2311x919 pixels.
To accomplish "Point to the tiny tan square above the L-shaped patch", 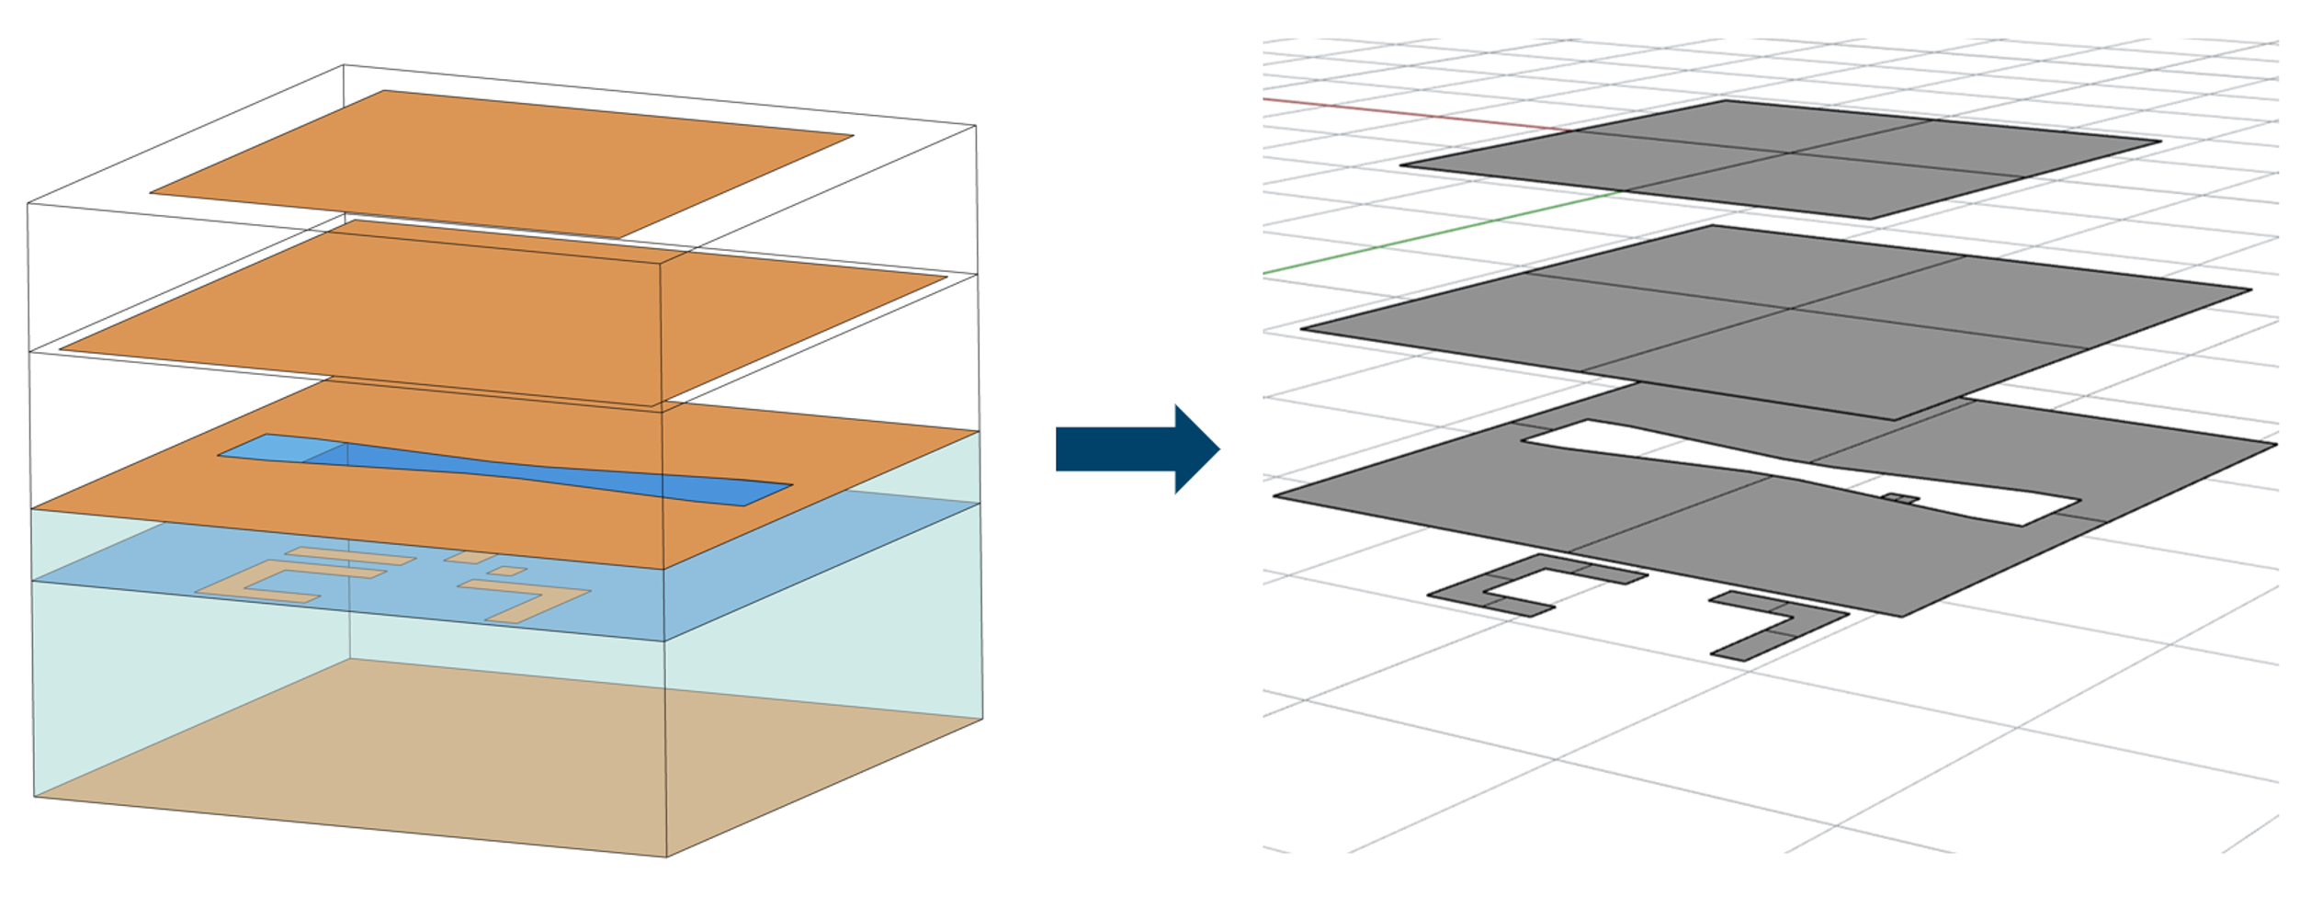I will pyautogui.click(x=506, y=572).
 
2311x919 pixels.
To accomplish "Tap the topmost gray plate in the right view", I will pyautogui.click(x=1783, y=159).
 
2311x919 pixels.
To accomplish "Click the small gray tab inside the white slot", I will pyautogui.click(x=1900, y=499).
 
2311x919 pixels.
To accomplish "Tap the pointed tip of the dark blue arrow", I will pyautogui.click(x=1218, y=449).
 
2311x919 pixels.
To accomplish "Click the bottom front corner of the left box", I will pyautogui.click(x=666, y=857).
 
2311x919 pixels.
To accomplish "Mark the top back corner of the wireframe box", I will pyautogui.click(x=344, y=65).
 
